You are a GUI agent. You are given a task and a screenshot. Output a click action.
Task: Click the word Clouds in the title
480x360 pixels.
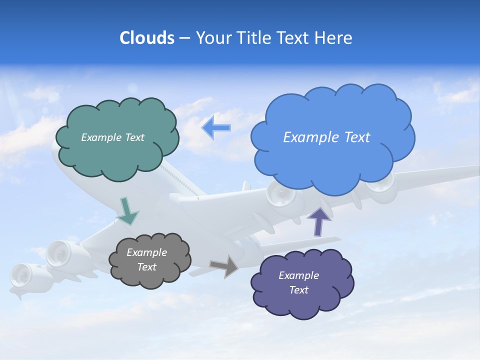coord(147,38)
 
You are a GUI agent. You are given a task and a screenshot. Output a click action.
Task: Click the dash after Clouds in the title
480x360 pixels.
coord(184,38)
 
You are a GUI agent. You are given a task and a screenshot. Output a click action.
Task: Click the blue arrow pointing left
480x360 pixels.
coord(216,128)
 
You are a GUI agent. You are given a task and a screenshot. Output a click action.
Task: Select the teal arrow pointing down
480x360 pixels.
coord(127,211)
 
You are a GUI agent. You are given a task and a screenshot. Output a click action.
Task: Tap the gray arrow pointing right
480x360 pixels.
coord(224,265)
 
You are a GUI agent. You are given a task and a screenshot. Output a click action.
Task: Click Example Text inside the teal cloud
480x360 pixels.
coord(112,137)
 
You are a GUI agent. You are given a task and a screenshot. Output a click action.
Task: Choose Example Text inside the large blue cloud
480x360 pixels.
coord(326,137)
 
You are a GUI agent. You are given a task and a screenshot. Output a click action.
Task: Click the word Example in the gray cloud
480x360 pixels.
coord(146,252)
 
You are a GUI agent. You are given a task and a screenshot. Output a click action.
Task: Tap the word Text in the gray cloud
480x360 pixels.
coord(146,267)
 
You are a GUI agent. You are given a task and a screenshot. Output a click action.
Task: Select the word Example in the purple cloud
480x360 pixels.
coord(298,275)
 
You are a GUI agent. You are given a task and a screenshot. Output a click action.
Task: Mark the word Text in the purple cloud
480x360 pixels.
coord(298,290)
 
